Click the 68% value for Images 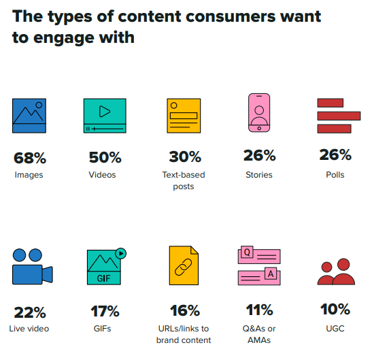pos(30,158)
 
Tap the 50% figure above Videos pos(105,158)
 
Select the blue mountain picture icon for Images pos(29,115)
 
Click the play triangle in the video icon pos(105,111)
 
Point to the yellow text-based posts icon pos(184,115)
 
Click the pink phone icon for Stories pos(259,113)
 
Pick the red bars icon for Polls pos(335,116)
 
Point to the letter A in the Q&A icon pos(270,274)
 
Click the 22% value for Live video pos(30,313)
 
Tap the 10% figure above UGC pos(335,310)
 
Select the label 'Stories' pos(258,175)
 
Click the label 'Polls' pos(335,175)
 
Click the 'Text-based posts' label pos(183,180)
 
